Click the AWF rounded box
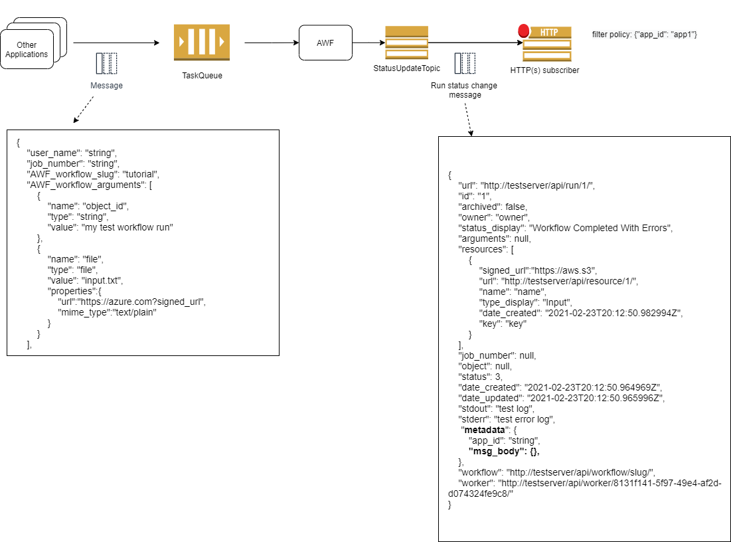click(325, 43)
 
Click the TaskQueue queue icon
click(202, 43)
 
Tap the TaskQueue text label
click(202, 76)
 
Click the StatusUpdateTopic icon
click(406, 43)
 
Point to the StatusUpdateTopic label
click(407, 68)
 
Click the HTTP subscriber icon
click(546, 43)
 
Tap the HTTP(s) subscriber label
click(544, 70)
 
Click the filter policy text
click(643, 34)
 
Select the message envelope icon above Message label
click(106, 63)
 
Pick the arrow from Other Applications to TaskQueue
click(116, 43)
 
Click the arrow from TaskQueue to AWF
click(271, 43)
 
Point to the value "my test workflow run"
click(127, 227)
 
